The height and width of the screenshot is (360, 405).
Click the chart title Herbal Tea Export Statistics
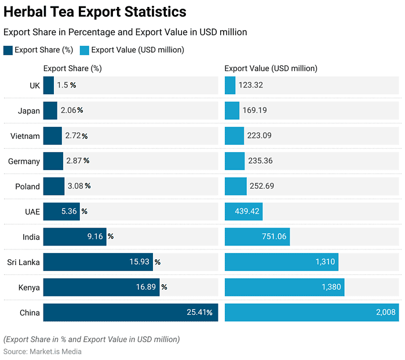tap(95, 12)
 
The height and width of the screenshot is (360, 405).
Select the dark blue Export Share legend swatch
tap(8, 50)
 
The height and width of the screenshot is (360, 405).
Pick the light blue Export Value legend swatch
tap(84, 50)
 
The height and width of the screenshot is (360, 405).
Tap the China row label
tap(30, 313)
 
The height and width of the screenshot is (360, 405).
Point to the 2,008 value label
tap(385, 313)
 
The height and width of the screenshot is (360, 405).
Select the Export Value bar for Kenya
tap(284, 287)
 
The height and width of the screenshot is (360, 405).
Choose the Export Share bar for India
tap(75, 237)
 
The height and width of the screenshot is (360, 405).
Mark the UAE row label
tap(32, 212)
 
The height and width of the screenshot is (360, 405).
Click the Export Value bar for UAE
tap(243, 212)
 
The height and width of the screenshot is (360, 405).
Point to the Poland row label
tap(27, 186)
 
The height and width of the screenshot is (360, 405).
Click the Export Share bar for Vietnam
tap(53, 136)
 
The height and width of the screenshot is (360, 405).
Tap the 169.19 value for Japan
tap(256, 111)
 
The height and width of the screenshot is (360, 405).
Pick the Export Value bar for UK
tap(230, 85)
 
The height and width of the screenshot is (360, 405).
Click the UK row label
tap(35, 85)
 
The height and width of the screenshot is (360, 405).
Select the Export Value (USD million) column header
tap(271, 68)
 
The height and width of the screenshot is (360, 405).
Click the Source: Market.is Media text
tap(42, 351)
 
